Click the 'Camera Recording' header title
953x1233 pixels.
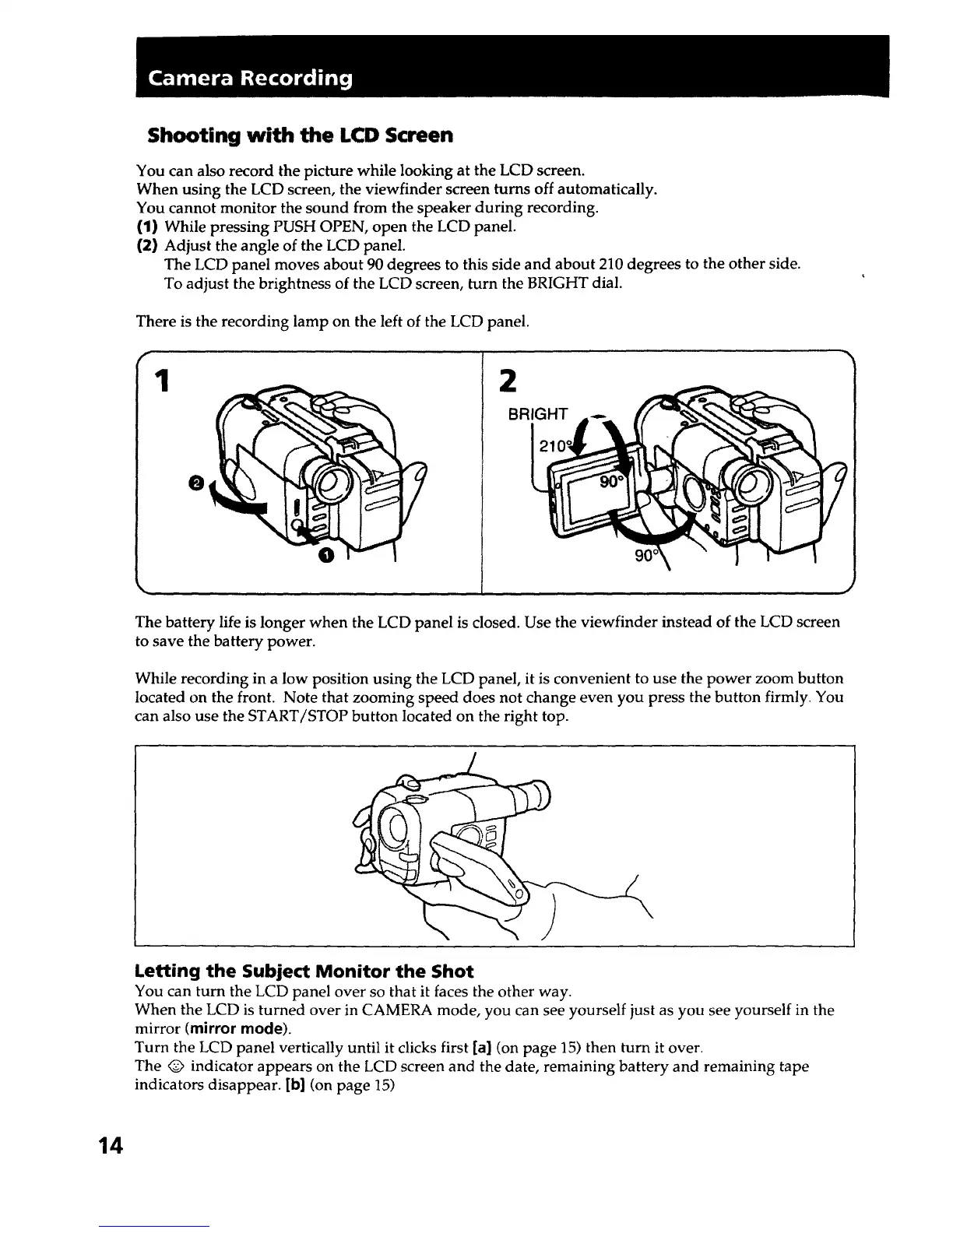(250, 79)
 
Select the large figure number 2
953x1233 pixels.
(508, 381)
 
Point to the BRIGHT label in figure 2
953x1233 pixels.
(538, 414)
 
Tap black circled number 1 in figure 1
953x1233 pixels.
(326, 554)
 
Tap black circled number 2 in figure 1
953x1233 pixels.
(197, 483)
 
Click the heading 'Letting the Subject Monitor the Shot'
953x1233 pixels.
(304, 971)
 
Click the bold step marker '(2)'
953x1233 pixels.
(147, 246)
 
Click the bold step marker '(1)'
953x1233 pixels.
(147, 227)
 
